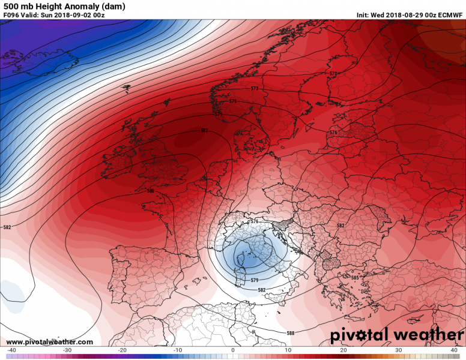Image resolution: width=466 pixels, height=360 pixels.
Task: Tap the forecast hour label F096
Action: click(11, 15)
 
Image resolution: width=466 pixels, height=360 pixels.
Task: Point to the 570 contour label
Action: click(334, 74)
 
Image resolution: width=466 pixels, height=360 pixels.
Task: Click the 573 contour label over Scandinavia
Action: click(255, 89)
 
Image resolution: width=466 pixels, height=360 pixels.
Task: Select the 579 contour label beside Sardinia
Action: click(255, 280)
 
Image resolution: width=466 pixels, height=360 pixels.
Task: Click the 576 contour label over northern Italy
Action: click(254, 222)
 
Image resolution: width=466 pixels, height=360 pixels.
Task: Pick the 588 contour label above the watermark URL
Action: click(291, 334)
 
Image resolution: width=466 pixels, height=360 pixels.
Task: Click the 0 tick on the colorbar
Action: click(232, 350)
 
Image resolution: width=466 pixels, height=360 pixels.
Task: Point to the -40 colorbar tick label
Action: click(11, 350)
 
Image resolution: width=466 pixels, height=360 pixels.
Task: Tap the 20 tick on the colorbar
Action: click(343, 350)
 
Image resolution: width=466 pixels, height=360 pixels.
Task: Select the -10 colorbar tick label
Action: click(177, 350)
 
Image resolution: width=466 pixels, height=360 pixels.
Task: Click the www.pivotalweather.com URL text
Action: click(50, 342)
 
